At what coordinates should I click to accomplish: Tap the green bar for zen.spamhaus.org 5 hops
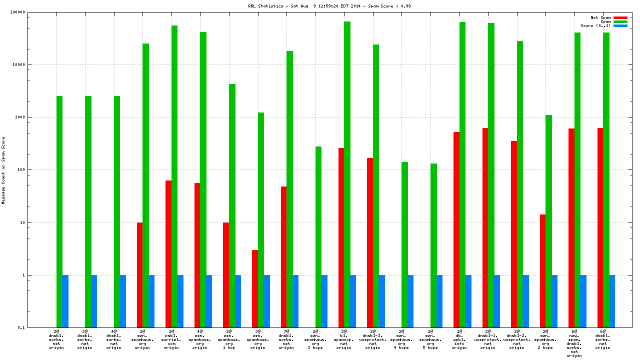[x=433, y=245]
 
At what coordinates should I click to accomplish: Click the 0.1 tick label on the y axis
[x=36, y=328]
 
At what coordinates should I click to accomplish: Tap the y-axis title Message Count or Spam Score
[x=3, y=170]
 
